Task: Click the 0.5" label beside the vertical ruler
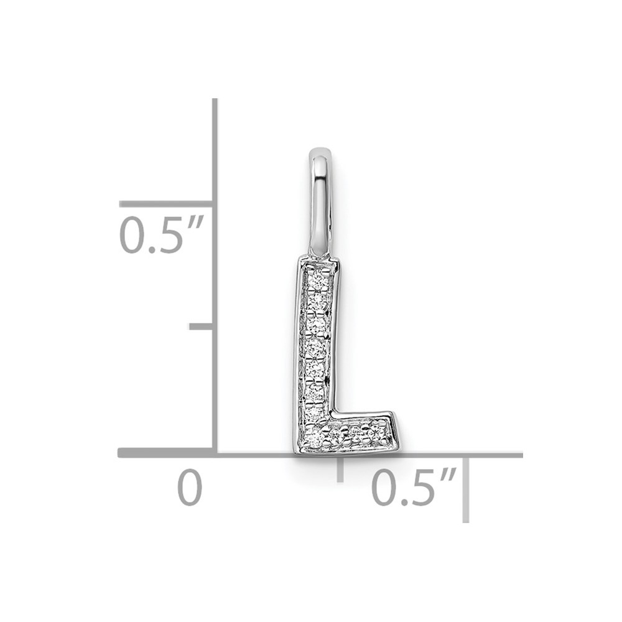(x=162, y=234)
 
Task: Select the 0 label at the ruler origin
(x=190, y=487)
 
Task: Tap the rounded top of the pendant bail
(x=320, y=152)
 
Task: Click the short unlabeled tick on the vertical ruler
(x=201, y=327)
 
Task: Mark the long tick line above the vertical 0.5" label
(x=166, y=204)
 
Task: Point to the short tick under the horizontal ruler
(x=340, y=469)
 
